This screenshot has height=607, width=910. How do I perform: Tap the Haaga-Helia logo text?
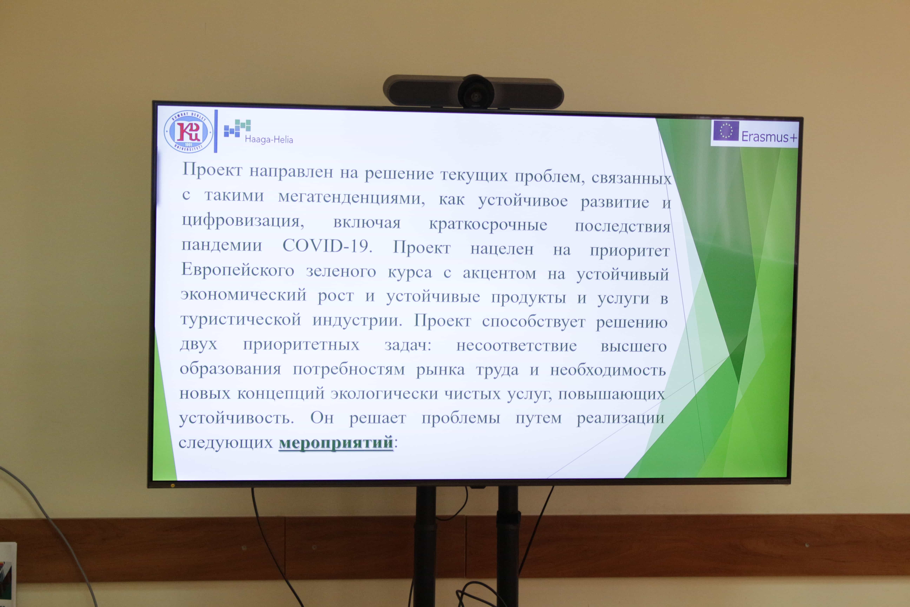coord(269,139)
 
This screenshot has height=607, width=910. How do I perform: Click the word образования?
coord(230,368)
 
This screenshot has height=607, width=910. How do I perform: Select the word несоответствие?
coord(516,345)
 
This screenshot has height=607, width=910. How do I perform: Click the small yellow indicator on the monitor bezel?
coord(173,485)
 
